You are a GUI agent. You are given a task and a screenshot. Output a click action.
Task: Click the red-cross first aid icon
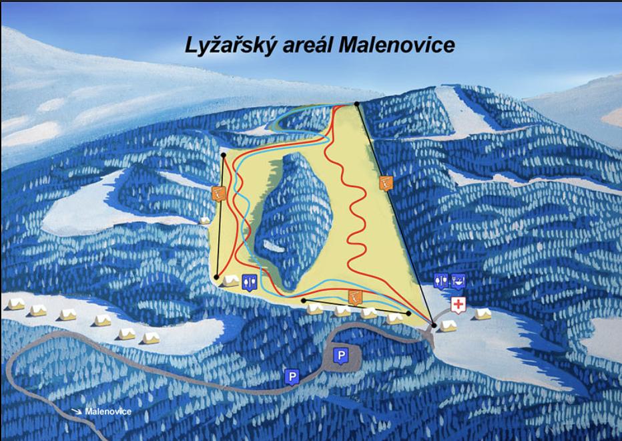pos(458,305)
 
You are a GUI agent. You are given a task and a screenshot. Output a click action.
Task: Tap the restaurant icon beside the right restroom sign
pos(458,281)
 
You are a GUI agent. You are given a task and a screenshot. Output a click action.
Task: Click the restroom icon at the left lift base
pos(248,282)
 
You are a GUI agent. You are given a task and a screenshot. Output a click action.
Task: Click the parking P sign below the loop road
pos(291,377)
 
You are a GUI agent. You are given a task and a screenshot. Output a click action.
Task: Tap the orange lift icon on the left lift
pos(218,194)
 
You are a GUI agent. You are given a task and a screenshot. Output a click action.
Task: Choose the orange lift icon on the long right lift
pos(385,182)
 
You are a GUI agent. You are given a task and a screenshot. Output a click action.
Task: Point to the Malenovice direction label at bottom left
pos(108,412)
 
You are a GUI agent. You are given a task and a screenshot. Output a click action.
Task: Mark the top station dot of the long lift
pos(358,104)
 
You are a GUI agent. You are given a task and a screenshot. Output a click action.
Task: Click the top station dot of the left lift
pos(223,155)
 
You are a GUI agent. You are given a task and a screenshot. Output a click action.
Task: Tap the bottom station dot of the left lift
pos(218,277)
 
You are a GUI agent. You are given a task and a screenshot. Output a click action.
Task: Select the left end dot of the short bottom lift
pos(304,301)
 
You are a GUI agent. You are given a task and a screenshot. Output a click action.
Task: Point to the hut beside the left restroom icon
pos(231,281)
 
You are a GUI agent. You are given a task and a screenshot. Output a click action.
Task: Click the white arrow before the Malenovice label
pos(77,412)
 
